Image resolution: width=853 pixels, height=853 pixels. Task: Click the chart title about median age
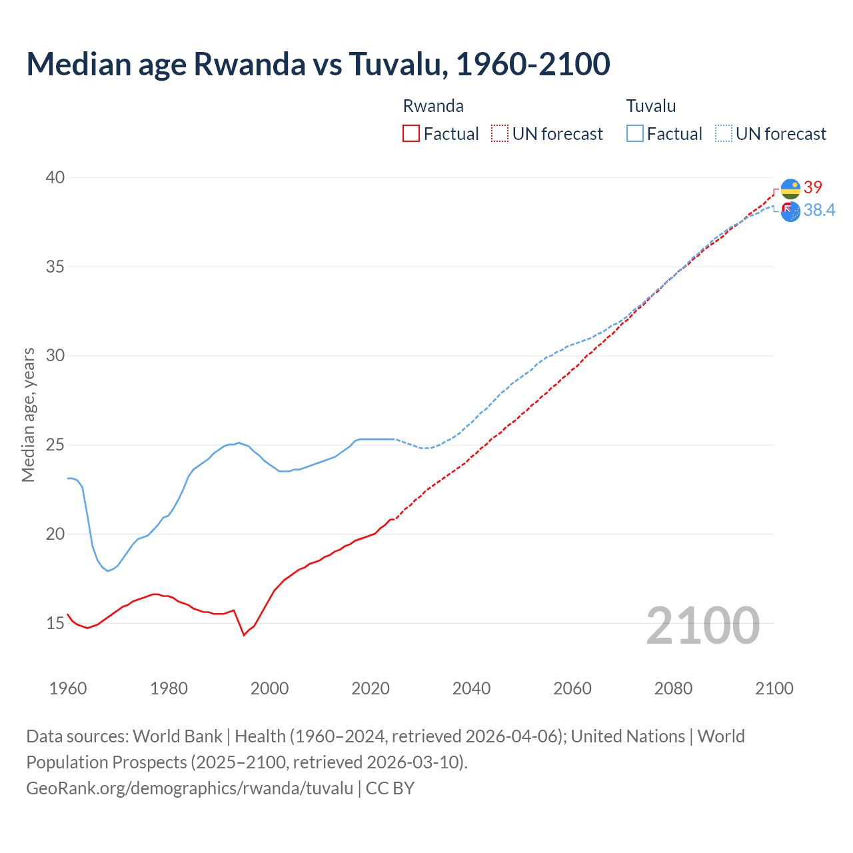coord(318,64)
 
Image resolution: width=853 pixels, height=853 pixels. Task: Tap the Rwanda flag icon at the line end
coord(790,189)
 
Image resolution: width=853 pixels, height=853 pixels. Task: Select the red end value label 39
coord(813,187)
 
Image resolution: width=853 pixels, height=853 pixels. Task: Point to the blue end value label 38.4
coord(819,211)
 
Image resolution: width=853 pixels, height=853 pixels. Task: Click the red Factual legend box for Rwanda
coord(411,133)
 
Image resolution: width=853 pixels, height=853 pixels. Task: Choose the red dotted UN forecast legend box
coord(500,133)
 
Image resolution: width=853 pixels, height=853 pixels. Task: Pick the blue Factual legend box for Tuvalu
coord(635,133)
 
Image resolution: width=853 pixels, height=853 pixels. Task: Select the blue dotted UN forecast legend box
coord(724,133)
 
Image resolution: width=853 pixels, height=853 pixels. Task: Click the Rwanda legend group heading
coord(433,106)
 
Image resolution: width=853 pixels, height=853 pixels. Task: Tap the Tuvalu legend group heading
coord(651,106)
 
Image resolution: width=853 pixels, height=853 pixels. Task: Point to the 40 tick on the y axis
coord(55,177)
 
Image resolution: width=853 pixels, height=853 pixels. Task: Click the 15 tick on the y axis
coord(55,624)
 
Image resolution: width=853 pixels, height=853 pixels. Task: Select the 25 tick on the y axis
coord(55,445)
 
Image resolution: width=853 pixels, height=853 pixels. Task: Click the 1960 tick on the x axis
coord(68,688)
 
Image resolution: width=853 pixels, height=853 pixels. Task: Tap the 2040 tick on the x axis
coord(471,688)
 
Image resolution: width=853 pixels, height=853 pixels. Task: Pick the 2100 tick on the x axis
coord(774,688)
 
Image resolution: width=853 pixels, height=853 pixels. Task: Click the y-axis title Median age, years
coord(28,415)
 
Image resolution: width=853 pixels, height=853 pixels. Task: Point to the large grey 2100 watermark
coord(702,625)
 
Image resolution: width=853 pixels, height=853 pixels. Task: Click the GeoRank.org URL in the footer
coord(190,788)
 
